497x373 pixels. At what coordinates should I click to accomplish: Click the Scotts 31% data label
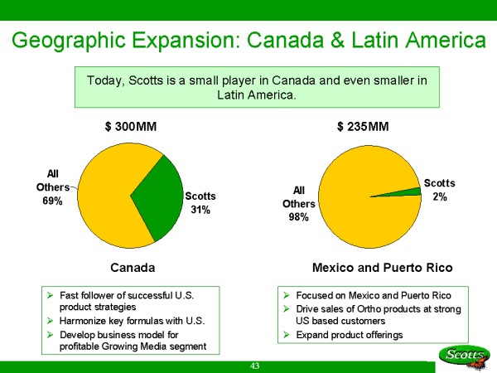click(200, 203)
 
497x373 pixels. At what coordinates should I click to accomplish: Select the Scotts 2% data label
click(439, 189)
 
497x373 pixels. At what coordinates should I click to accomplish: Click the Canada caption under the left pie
click(133, 268)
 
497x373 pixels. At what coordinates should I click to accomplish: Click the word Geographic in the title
click(79, 40)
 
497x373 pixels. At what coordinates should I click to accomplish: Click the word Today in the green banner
click(104, 80)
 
